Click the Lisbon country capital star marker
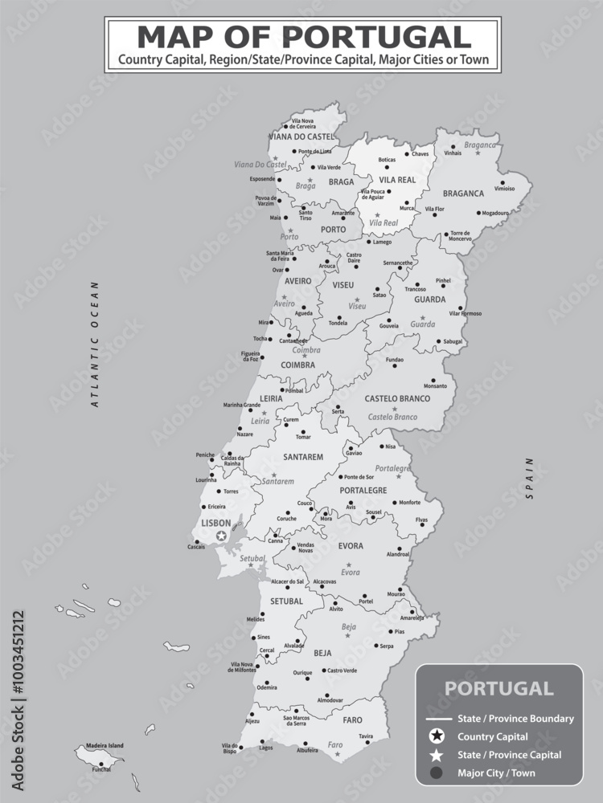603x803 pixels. tap(221, 536)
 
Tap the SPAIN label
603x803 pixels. tap(530, 479)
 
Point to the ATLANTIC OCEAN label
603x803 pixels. tap(94, 344)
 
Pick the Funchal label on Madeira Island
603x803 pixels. tap(101, 770)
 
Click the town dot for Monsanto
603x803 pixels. tap(433, 381)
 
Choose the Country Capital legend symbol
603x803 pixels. tap(435, 736)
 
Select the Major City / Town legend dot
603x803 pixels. tap(435, 773)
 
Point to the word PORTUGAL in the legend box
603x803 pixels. tap(498, 688)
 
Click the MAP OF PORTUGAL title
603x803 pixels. tap(304, 36)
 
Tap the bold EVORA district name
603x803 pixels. tap(351, 546)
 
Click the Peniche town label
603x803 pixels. tap(205, 454)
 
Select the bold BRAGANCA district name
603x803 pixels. tap(463, 193)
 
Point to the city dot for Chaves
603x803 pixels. tap(406, 154)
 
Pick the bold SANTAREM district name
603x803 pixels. tap(303, 457)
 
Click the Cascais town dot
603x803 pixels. tap(197, 541)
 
